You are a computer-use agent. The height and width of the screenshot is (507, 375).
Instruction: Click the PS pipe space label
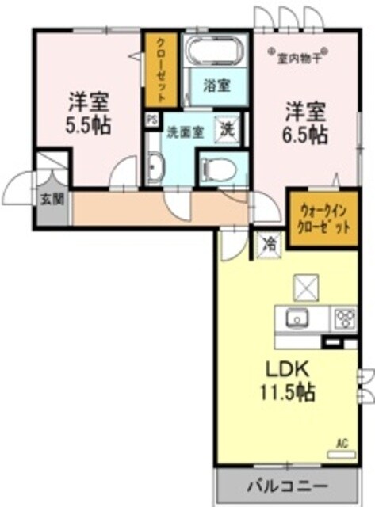(x=151, y=120)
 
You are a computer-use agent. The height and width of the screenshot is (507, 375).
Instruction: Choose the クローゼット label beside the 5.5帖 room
(x=161, y=69)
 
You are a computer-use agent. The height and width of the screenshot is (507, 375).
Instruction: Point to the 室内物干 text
(x=299, y=56)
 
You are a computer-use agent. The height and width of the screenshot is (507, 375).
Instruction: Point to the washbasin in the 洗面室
(x=155, y=169)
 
